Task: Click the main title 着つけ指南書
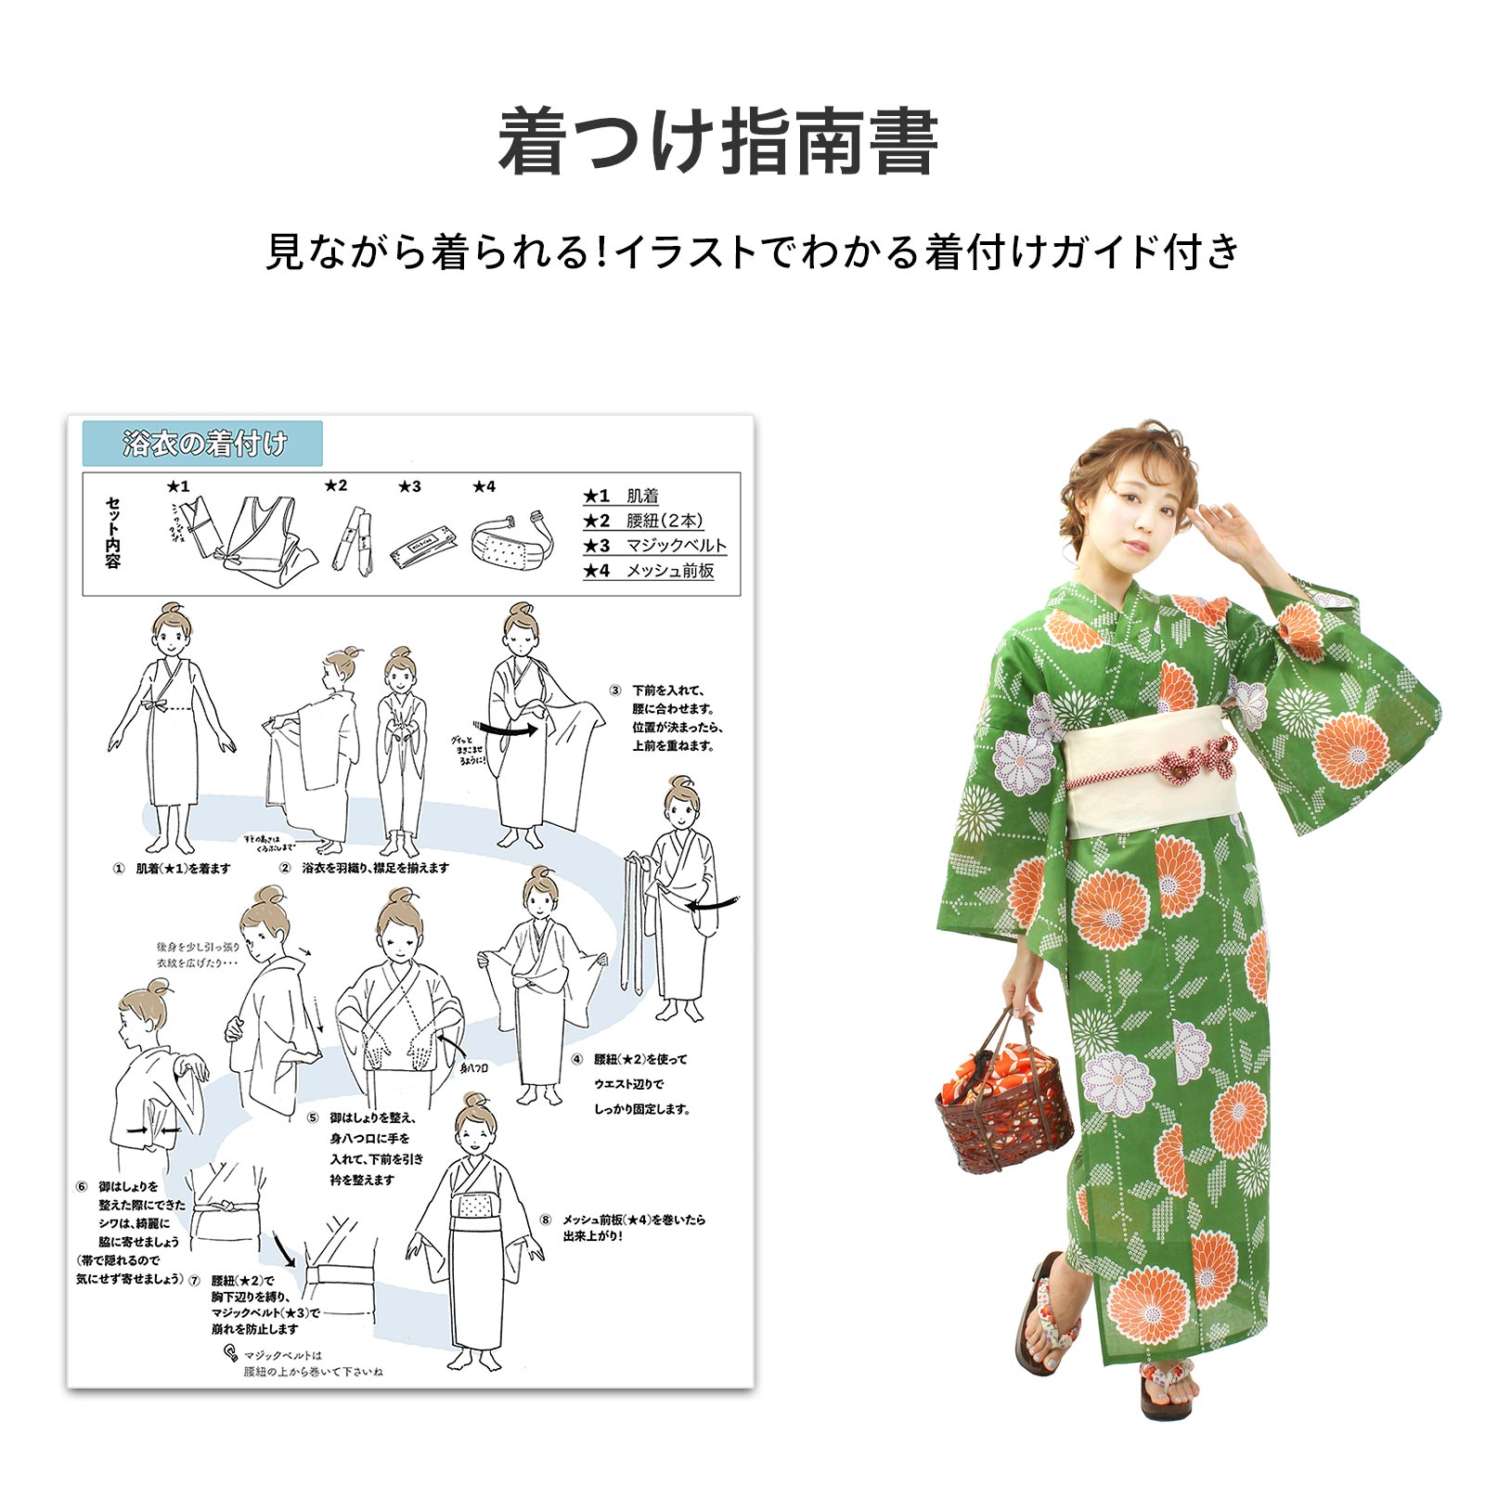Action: [717, 142]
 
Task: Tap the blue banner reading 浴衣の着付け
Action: [202, 444]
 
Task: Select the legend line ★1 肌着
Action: [621, 496]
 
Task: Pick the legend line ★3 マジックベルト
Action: [654, 545]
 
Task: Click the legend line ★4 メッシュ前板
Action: [649, 570]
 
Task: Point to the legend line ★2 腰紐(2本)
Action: [642, 521]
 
